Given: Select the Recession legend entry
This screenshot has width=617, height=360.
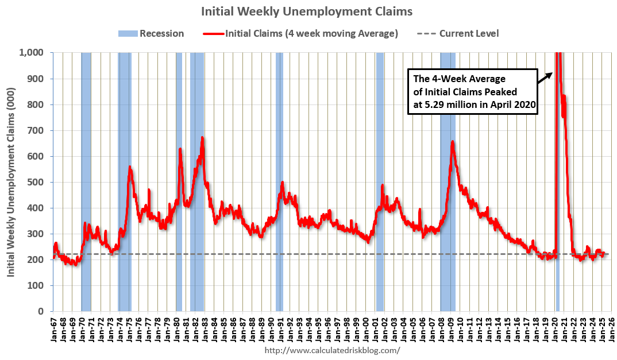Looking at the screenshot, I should coord(152,33).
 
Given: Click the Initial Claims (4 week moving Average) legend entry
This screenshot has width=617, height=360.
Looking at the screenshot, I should coord(301,33).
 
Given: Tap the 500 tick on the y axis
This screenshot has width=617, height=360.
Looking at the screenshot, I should coord(37,182).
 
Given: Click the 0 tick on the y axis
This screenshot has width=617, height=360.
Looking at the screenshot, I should coord(43,312).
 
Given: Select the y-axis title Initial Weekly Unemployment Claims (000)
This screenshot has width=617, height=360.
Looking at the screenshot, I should coord(11,181).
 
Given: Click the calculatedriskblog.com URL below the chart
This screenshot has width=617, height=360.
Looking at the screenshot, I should coord(332,350).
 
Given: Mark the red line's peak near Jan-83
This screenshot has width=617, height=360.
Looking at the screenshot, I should coord(202,138).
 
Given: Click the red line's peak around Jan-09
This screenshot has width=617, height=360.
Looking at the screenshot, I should coord(453,141).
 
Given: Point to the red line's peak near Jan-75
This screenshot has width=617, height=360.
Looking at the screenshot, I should coord(130,167).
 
